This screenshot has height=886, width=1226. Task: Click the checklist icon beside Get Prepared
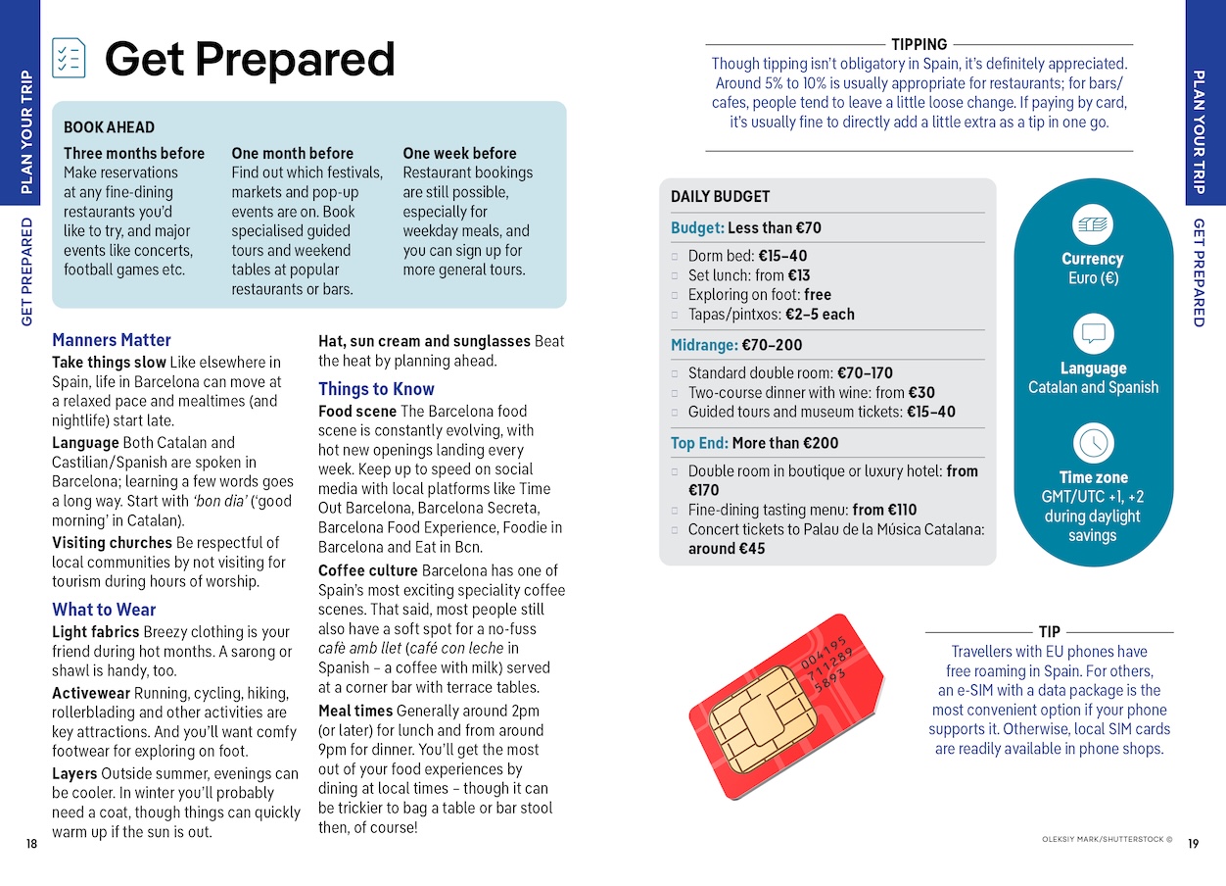(x=69, y=58)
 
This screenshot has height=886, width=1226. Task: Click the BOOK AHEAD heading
(x=109, y=127)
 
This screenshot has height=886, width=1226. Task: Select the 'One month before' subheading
(x=292, y=153)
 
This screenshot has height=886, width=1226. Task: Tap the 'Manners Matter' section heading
(x=112, y=340)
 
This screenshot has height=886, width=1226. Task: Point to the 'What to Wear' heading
(x=104, y=610)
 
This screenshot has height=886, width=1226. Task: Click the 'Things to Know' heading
(x=376, y=389)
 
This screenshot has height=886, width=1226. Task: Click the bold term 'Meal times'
(x=354, y=711)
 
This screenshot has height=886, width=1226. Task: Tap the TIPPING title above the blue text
(x=919, y=44)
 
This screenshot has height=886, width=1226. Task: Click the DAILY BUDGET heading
(x=720, y=196)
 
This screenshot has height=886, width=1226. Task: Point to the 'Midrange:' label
(x=704, y=345)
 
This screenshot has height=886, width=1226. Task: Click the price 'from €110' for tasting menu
(x=884, y=510)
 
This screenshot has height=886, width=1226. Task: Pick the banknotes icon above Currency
(x=1093, y=225)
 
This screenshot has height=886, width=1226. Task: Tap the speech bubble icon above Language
(x=1093, y=334)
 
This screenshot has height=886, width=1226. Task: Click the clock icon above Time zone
(x=1093, y=443)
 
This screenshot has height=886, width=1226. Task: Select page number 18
(x=31, y=844)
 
